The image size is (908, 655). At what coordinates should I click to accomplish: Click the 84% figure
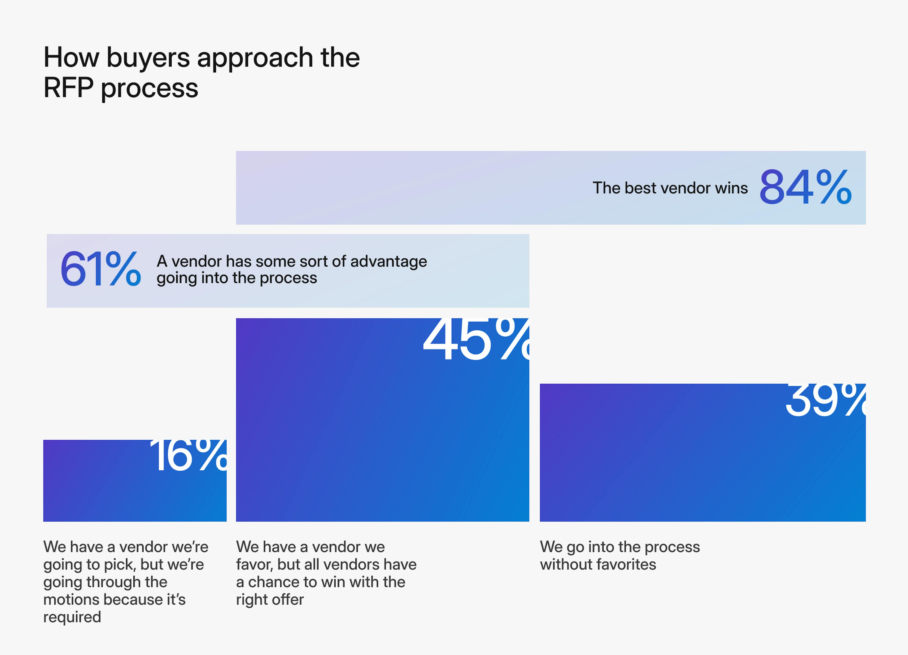805,187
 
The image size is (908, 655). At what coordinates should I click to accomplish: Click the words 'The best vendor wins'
670,188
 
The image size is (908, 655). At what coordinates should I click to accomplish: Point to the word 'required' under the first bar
72,617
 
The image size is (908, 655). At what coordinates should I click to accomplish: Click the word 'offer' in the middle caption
288,600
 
